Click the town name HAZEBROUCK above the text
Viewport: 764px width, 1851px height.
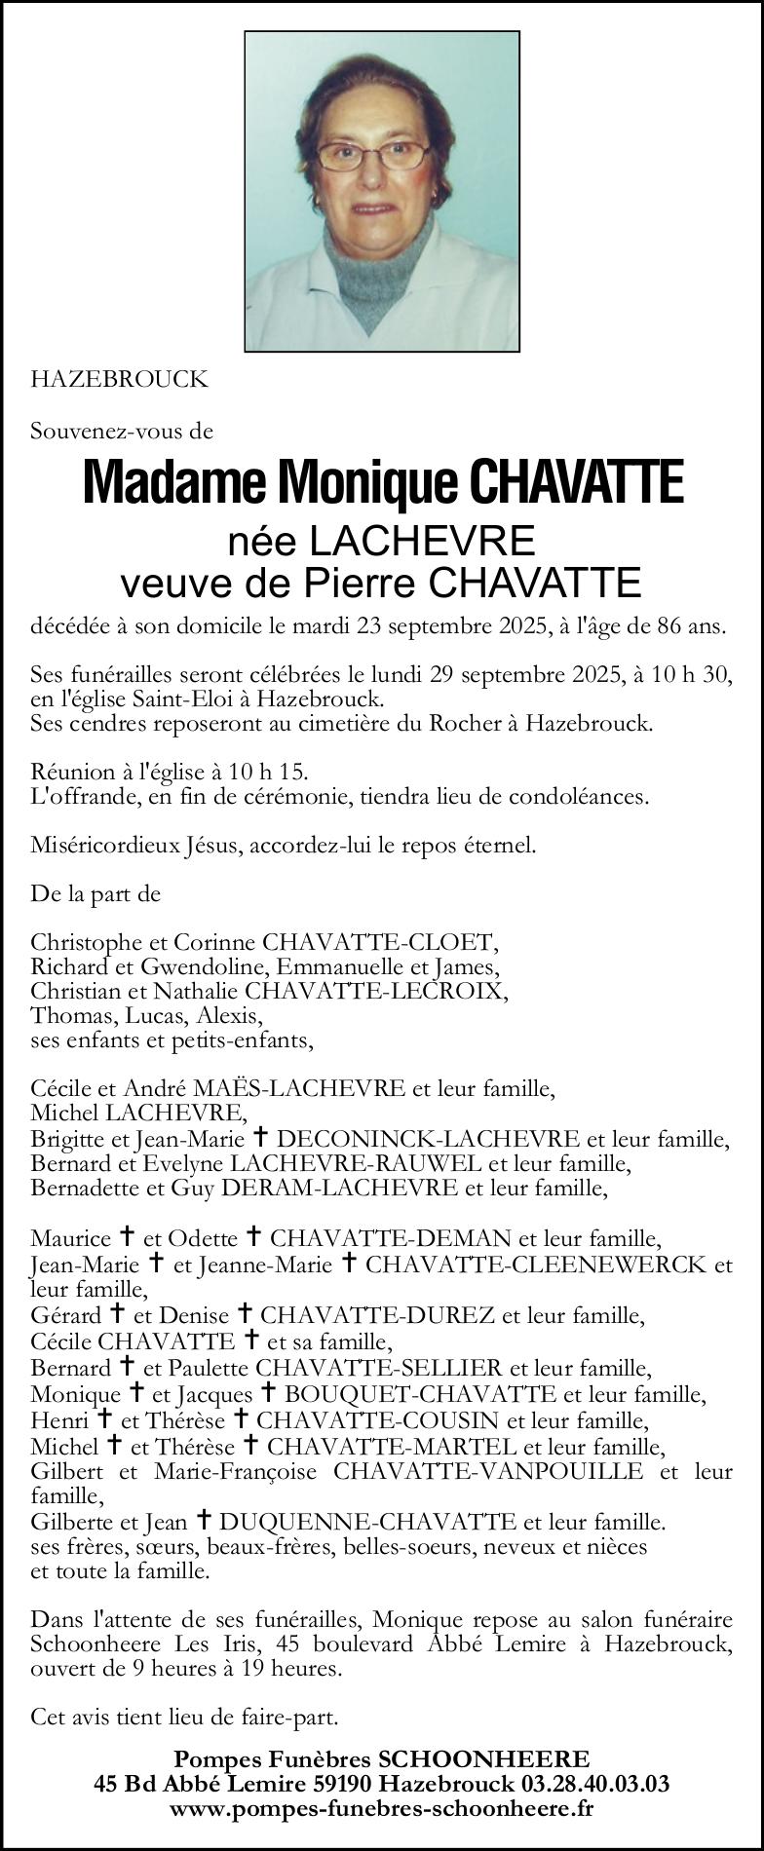[119, 380]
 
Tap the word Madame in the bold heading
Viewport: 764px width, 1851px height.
[175, 483]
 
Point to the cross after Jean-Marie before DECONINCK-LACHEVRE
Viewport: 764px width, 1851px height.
[260, 1137]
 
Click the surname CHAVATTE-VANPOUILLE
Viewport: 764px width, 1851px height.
[488, 1471]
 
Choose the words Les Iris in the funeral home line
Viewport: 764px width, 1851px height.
[210, 1643]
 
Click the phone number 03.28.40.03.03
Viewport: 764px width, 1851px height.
[596, 1784]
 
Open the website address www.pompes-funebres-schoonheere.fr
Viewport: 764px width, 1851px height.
[381, 1808]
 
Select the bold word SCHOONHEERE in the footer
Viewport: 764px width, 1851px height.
[483, 1759]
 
